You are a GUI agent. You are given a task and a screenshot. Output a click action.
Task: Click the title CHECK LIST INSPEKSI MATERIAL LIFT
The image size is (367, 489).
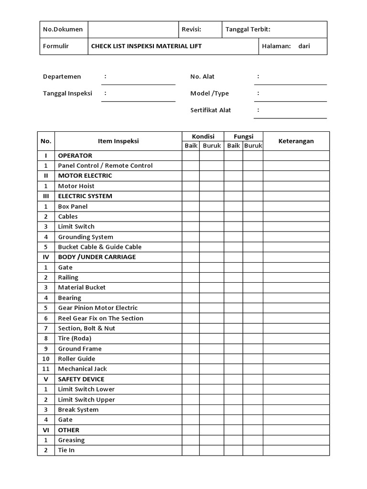coord(146,46)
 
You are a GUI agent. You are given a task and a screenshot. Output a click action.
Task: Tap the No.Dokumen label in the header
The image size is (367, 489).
coord(63,29)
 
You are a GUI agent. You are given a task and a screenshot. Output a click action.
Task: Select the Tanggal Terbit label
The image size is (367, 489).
coord(248,29)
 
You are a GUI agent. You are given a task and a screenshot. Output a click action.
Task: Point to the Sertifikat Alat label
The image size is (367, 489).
coord(210,110)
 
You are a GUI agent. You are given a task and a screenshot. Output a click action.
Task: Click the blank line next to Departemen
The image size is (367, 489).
coord(139,81)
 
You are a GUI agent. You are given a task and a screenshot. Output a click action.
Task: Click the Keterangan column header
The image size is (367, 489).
coord(296,141)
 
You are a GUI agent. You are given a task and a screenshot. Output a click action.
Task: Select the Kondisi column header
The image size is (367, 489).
coord(203,137)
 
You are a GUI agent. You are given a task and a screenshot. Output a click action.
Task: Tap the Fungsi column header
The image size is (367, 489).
coord(243,137)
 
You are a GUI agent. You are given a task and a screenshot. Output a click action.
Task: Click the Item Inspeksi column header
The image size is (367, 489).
coord(118,141)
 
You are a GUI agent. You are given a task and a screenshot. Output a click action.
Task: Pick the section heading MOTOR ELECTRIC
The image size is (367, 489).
coord(85,176)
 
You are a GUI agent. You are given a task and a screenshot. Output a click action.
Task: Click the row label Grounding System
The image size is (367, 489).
coord(86,237)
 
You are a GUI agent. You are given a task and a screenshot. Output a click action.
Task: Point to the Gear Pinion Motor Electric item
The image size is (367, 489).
coord(97,308)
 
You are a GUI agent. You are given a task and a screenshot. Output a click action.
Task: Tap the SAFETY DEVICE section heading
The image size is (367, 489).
coord(82,379)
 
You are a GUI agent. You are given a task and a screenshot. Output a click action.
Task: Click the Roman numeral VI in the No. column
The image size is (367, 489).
coord(46,430)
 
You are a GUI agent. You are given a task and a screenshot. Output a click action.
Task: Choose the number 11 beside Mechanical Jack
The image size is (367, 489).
coord(46,369)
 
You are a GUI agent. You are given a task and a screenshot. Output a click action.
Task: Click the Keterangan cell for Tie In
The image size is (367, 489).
coord(296,450)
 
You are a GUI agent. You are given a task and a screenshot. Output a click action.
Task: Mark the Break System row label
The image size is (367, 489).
coord(78,410)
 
